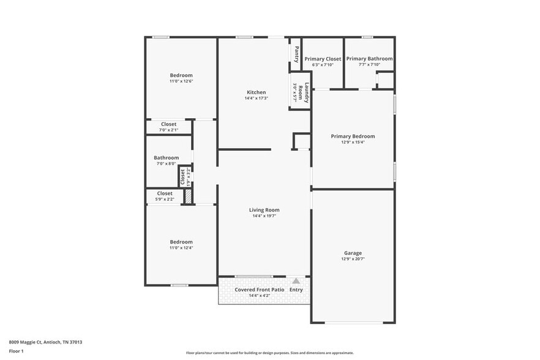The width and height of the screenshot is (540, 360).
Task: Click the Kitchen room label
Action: pyautogui.click(x=255, y=92)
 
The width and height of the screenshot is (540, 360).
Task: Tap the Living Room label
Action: pyautogui.click(x=264, y=210)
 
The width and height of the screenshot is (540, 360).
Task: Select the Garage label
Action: pyautogui.click(x=353, y=253)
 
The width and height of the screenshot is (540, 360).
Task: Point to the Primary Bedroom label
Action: pyautogui.click(x=353, y=137)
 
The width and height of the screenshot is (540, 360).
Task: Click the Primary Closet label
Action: pyautogui.click(x=323, y=59)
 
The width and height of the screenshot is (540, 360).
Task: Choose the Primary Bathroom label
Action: pyautogui.click(x=369, y=59)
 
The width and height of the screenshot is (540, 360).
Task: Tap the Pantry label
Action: pyautogui.click(x=296, y=55)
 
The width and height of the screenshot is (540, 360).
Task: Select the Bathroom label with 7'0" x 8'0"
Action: pyautogui.click(x=166, y=158)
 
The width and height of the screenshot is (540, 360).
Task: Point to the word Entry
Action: pyautogui.click(x=296, y=290)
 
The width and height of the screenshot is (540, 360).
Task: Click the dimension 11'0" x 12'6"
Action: pyautogui.click(x=181, y=81)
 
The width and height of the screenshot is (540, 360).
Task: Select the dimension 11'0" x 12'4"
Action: pyautogui.click(x=181, y=248)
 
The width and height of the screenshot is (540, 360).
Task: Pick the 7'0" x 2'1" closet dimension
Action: pyautogui.click(x=168, y=130)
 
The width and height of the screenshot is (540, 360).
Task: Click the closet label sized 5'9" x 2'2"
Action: pyautogui.click(x=165, y=193)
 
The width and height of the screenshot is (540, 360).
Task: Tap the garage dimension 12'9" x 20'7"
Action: pyautogui.click(x=353, y=259)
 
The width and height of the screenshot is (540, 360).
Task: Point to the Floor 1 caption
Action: pyautogui.click(x=16, y=351)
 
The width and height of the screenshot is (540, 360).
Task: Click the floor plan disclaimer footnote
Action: pyautogui.click(x=269, y=353)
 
